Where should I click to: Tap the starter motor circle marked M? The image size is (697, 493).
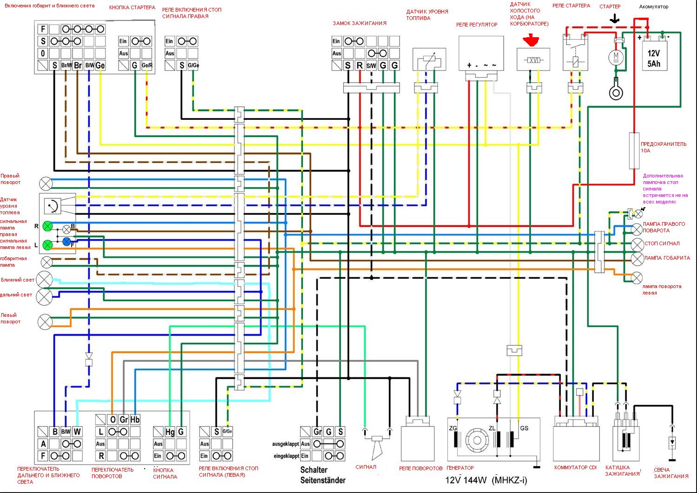point(617,57)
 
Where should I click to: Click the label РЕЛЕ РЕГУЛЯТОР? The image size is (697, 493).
point(476,25)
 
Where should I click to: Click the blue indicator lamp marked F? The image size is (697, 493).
point(66,241)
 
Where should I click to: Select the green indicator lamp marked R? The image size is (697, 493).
point(47,227)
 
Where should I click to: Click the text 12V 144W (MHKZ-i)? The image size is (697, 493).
point(487,480)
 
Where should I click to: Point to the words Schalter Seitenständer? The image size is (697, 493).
point(322,475)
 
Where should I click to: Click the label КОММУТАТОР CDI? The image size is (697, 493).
point(575,467)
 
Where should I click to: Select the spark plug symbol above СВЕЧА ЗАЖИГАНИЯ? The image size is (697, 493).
point(671,442)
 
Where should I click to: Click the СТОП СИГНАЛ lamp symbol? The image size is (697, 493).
point(637,244)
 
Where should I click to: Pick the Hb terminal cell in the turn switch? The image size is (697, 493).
point(135,420)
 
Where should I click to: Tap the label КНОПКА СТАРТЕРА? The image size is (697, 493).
point(132,8)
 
